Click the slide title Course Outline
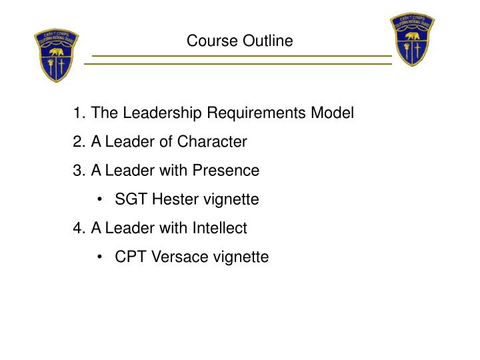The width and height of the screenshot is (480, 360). (239, 41)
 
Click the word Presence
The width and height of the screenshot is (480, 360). (226, 171)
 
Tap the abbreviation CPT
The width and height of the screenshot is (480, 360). (129, 257)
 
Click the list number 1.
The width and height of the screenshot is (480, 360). (79, 113)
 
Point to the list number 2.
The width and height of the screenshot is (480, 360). (79, 142)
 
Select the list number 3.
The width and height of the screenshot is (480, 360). (79, 171)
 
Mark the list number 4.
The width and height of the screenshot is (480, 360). (79, 228)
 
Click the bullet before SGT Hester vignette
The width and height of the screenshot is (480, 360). (99, 199)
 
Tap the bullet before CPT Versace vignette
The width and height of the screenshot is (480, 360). (99, 257)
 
